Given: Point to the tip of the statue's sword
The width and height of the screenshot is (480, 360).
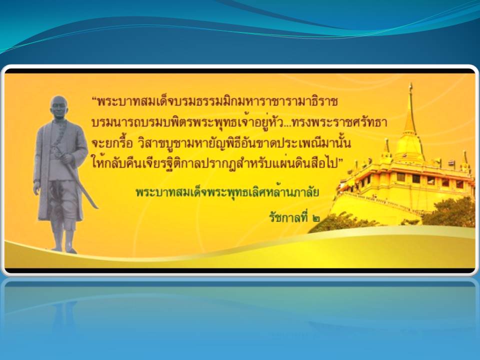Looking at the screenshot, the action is pos(97,208).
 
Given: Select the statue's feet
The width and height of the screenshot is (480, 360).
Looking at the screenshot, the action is pos(63,249).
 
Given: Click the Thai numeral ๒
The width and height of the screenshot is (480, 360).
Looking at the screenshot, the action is pos(316,218).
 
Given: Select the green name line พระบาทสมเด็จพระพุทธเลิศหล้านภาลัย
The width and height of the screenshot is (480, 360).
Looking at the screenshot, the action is pos(227,192).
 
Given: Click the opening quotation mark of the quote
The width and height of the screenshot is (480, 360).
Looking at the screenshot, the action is pos(94,99).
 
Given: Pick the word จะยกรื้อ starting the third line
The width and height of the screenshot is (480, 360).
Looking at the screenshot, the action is pos(112,143).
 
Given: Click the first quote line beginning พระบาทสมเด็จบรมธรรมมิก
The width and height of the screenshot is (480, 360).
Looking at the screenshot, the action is pos(214,101).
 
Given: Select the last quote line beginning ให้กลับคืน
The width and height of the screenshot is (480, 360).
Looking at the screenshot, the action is pos(216,162).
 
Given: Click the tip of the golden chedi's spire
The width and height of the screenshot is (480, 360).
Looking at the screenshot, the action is pos(411,83).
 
